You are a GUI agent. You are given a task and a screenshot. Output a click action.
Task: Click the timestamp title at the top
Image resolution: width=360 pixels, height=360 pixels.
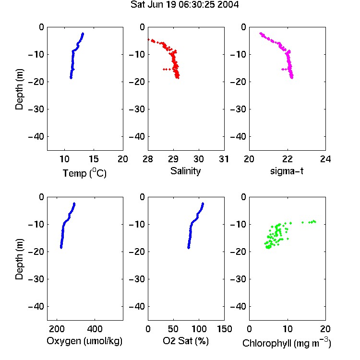[x=185, y=4]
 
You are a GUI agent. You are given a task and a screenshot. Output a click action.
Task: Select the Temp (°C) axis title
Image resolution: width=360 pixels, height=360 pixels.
[x=84, y=173]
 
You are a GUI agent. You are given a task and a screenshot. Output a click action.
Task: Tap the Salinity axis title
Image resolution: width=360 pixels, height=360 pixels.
[x=185, y=171]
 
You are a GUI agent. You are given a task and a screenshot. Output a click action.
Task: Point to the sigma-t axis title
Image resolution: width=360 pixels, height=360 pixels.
[x=287, y=171]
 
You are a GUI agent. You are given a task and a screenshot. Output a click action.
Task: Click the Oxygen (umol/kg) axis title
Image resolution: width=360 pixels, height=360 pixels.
[x=84, y=341]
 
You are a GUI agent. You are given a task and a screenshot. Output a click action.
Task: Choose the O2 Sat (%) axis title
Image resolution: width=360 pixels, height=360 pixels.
[x=186, y=341]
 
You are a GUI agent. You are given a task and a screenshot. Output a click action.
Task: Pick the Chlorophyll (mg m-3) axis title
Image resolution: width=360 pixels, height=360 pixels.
[x=287, y=343]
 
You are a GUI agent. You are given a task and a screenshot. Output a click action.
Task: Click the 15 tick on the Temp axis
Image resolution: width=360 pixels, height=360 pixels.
[x=94, y=159]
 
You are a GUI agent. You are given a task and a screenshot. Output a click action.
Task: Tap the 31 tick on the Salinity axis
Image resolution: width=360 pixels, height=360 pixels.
[x=224, y=159]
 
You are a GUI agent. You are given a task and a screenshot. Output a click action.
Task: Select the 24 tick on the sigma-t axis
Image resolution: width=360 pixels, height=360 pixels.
[x=325, y=159]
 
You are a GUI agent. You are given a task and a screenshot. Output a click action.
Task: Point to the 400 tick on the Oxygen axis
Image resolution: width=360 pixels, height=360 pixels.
[x=95, y=329]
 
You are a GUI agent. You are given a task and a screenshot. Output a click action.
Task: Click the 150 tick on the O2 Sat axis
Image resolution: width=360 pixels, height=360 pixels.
[x=224, y=329]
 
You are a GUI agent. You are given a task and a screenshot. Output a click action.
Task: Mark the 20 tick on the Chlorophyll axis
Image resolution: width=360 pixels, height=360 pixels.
[x=325, y=329]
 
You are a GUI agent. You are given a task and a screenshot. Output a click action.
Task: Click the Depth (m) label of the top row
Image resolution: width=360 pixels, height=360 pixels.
[x=19, y=89]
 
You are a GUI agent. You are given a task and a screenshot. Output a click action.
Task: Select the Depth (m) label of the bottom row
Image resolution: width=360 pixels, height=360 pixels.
[x=19, y=259]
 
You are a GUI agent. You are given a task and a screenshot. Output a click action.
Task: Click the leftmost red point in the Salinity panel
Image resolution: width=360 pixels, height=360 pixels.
[x=148, y=40]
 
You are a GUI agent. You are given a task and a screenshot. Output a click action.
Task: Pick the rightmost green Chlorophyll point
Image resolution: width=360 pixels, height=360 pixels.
[x=315, y=222]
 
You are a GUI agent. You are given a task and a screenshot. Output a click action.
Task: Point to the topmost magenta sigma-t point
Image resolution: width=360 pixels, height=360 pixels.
[x=261, y=34]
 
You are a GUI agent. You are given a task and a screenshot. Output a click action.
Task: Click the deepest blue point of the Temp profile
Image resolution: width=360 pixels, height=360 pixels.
[x=71, y=78]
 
